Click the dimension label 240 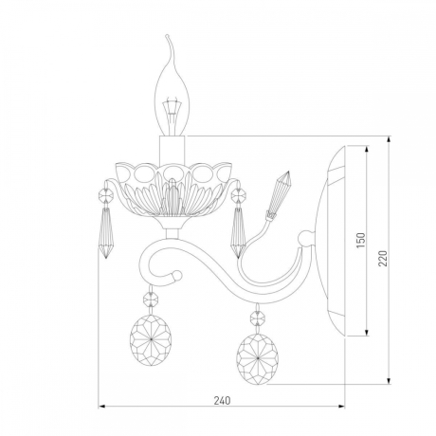point(222,400)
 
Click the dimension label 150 point(361,240)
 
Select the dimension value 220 point(383,258)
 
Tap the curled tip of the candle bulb point(168,36)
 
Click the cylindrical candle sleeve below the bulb point(172,150)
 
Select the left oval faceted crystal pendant point(151,340)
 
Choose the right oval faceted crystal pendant point(258,359)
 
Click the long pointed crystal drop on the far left point(105,232)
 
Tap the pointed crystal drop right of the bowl point(238,232)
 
